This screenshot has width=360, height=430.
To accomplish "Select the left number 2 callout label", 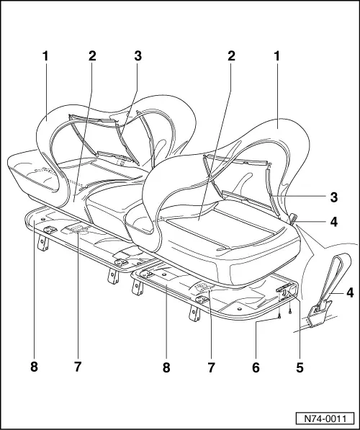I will tap(92, 55).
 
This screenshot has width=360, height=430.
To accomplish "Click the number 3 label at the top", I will tap(138, 55).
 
